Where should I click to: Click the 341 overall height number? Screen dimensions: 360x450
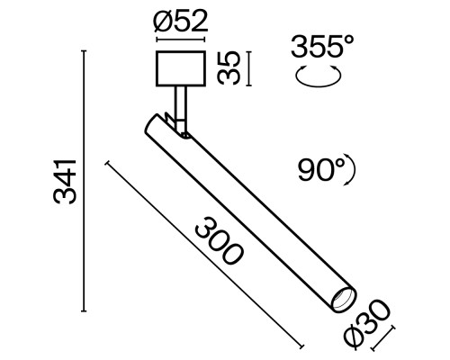pos(63,181)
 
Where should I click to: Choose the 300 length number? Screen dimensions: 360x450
pos(217,238)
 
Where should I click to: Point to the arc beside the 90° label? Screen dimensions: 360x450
pos(353,168)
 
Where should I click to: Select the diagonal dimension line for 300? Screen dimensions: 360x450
pos(203,257)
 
